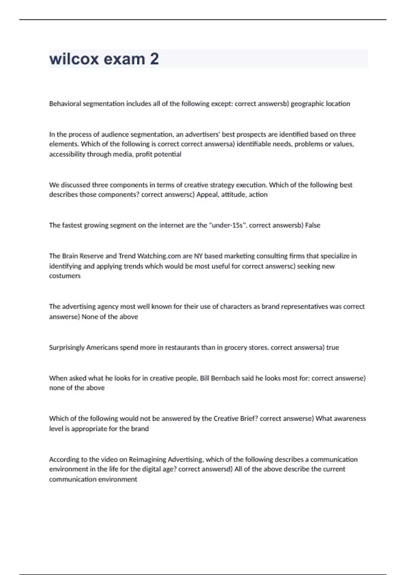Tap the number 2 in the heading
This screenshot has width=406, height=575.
pos(154,59)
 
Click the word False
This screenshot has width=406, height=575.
pos(313,225)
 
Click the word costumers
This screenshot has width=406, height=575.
pos(65,276)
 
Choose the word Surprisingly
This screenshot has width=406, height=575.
pos(67,347)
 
